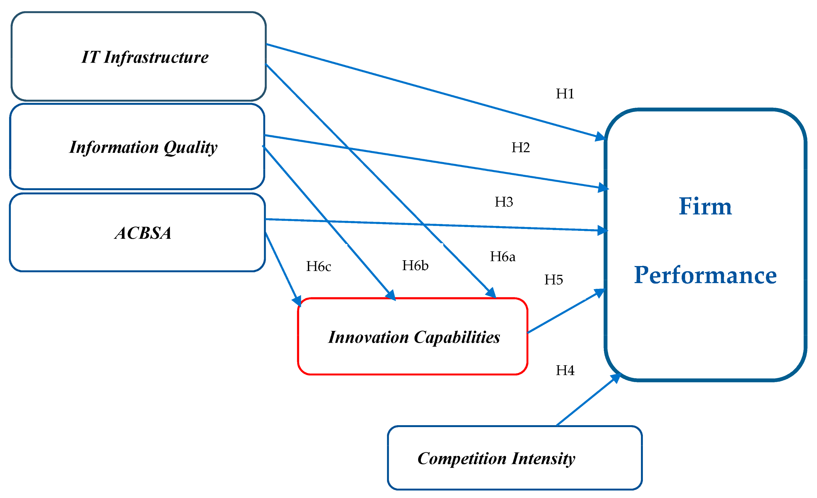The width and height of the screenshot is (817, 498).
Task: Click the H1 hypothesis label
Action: tap(565, 94)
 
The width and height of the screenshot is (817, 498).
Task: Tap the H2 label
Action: tap(520, 147)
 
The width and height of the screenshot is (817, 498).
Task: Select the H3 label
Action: tap(504, 202)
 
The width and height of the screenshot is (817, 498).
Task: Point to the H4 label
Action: tap(565, 370)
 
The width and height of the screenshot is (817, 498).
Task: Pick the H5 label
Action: tap(553, 280)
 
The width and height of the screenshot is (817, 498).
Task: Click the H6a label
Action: tap(503, 257)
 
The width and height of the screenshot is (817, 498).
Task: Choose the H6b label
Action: tap(415, 266)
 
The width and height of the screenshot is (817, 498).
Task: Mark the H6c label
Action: tap(318, 266)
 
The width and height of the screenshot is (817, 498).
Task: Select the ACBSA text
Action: tap(143, 233)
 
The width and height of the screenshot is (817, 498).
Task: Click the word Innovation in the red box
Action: tap(368, 337)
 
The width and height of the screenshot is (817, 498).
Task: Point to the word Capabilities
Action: tap(457, 337)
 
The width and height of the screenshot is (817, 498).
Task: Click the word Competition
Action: tap(462, 459)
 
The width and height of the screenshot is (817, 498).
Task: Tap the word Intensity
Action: tap(544, 459)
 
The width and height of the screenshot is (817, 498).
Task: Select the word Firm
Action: tap(705, 206)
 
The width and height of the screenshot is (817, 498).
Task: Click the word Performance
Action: tap(705, 275)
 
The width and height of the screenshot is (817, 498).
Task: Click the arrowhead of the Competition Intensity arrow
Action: tap(616, 377)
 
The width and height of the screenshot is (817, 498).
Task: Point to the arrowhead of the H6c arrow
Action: tap(297, 301)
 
